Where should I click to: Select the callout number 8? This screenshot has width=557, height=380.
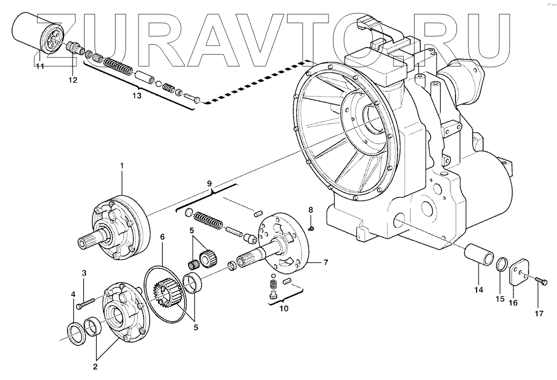coord(310,209)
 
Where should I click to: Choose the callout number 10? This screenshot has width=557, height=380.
coord(283,308)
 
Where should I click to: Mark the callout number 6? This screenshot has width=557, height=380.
coord(162,236)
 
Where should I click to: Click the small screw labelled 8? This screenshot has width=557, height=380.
coord(310,228)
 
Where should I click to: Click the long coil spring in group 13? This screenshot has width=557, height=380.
coord(119,67)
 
